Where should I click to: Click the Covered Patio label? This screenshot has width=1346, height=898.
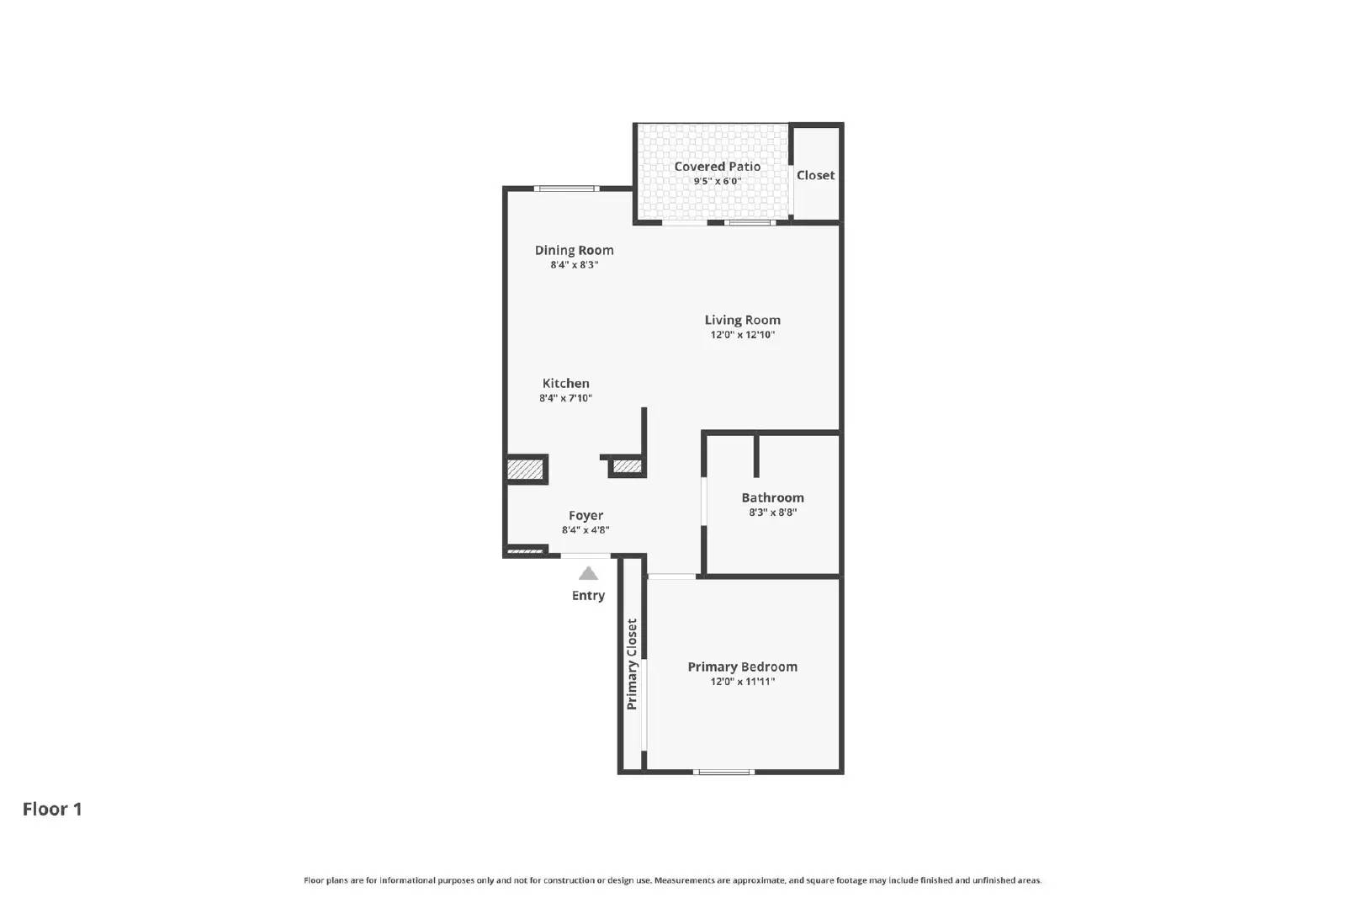[717, 167]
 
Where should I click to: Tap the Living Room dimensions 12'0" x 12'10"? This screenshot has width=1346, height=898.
[742, 335]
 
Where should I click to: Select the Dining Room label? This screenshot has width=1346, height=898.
[574, 250]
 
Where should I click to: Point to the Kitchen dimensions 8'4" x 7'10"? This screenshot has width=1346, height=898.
[565, 398]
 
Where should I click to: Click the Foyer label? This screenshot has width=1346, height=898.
[586, 516]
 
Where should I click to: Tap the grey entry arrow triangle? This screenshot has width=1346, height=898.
[588, 574]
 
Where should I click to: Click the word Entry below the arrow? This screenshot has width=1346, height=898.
[588, 596]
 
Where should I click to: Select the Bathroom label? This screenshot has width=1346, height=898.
[772, 497]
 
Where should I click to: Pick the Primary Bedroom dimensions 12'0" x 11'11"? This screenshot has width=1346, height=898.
[742, 682]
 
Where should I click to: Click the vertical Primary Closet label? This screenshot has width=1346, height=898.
[632, 665]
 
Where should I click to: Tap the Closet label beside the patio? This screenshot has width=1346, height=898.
[815, 175]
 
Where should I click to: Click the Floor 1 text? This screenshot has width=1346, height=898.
[52, 809]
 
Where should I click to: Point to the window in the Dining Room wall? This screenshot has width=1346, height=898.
[566, 189]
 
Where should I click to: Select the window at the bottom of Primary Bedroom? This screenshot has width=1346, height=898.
[723, 772]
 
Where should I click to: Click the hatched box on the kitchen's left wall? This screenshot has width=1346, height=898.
[526, 469]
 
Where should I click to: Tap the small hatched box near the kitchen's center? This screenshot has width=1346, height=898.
[627, 465]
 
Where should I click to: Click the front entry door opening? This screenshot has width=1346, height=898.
[586, 555]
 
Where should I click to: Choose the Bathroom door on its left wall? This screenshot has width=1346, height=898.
[703, 502]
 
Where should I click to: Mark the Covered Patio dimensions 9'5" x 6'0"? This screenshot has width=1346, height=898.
[717, 181]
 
